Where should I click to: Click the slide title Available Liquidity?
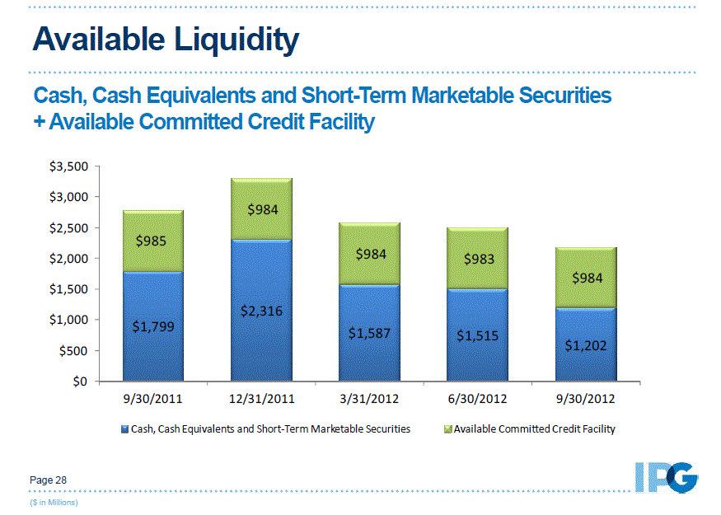click(x=166, y=39)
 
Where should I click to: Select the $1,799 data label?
click(x=153, y=326)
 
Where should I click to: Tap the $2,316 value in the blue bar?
click(x=261, y=311)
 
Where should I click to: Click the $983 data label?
click(x=478, y=259)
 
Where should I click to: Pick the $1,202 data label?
click(x=585, y=345)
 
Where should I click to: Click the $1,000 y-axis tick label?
click(x=69, y=320)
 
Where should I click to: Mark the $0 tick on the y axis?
click(x=79, y=382)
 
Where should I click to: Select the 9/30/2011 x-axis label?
click(x=153, y=399)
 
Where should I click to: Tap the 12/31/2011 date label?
click(x=261, y=399)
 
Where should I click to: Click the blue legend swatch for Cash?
click(x=125, y=429)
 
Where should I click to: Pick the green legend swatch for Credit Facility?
click(x=448, y=429)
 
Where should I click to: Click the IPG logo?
click(x=667, y=477)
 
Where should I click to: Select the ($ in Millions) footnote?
click(x=54, y=501)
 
